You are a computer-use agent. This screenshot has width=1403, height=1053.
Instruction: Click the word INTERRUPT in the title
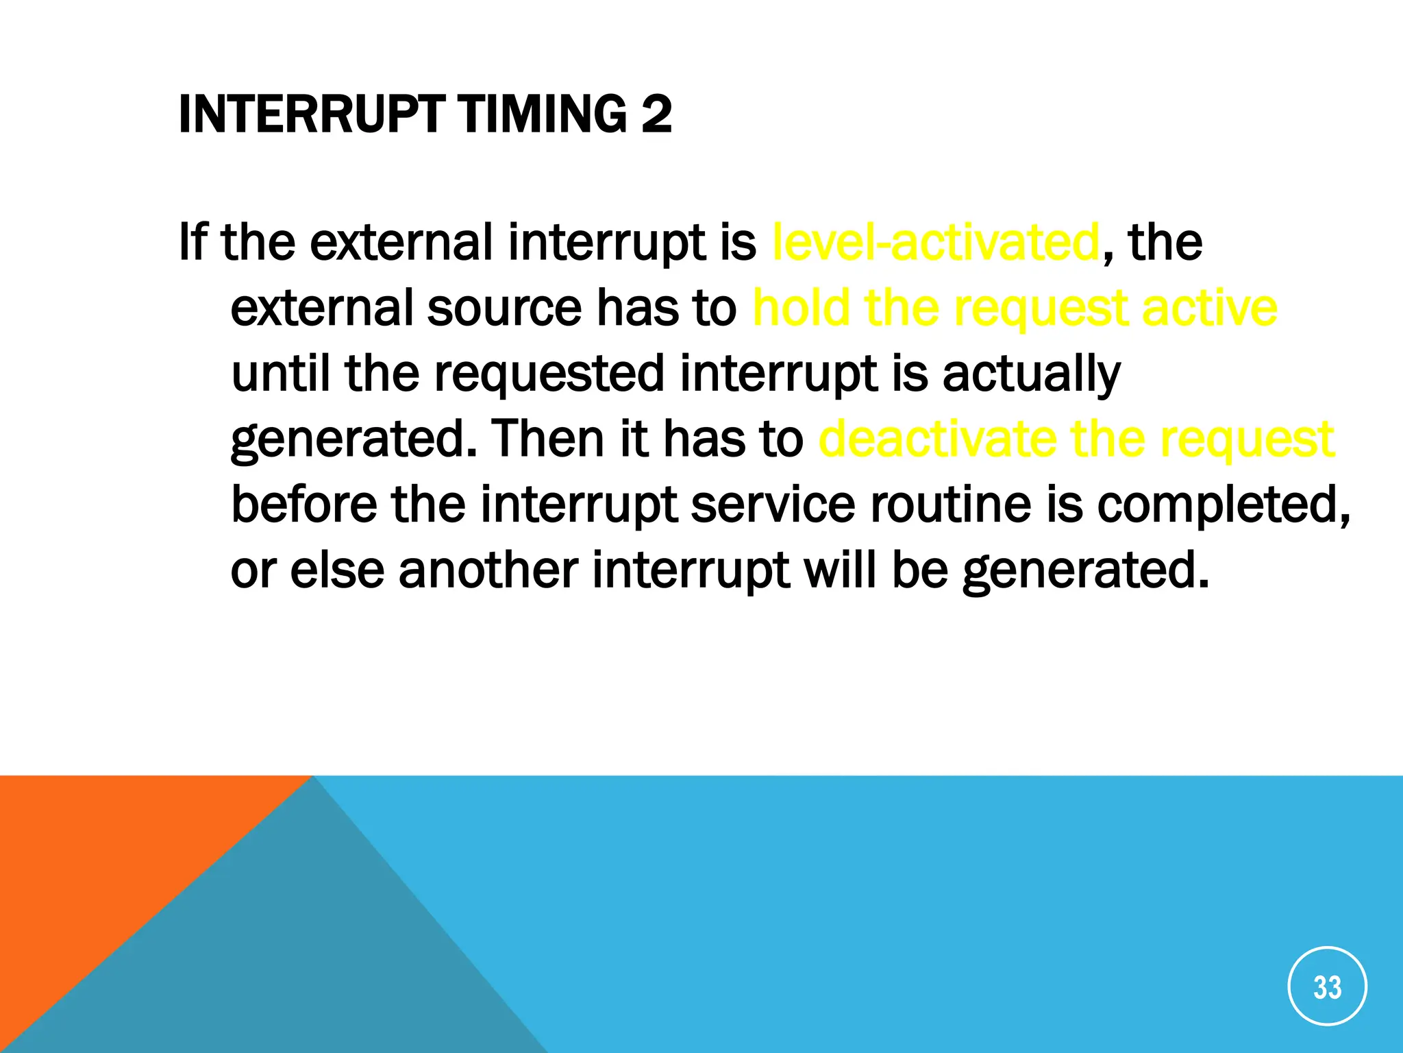point(312,114)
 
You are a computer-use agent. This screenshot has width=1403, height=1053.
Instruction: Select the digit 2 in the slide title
point(656,114)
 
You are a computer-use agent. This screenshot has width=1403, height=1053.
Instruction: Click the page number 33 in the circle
point(1327,987)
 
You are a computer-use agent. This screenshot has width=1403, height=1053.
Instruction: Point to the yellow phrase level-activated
point(936,243)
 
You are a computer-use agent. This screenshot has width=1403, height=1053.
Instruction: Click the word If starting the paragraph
point(193,243)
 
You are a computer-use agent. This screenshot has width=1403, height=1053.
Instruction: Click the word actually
point(1031,374)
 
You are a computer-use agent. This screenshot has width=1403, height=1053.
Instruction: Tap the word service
point(773,505)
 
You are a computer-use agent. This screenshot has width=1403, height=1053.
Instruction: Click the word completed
point(1224,505)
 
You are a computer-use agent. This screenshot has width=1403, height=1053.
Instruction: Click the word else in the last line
point(337,570)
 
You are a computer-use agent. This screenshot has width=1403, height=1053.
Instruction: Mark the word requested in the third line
point(549,374)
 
